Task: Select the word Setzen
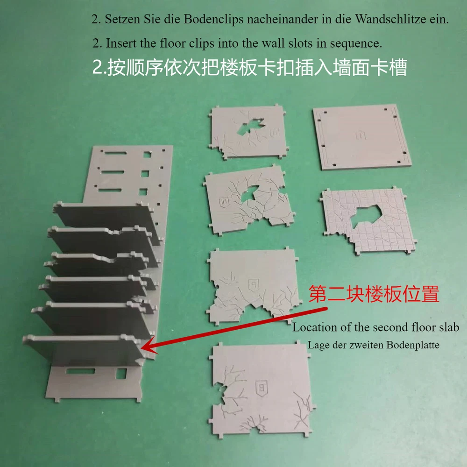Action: pyautogui.click(x=123, y=19)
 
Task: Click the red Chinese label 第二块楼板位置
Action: pyautogui.click(x=374, y=294)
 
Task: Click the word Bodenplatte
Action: pyautogui.click(x=413, y=345)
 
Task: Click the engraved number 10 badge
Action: pyautogui.click(x=224, y=202)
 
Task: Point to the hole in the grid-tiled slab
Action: pyautogui.click(x=366, y=216)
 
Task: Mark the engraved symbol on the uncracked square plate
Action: pyautogui.click(x=361, y=134)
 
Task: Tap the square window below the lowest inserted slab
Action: pyautogui.click(x=121, y=374)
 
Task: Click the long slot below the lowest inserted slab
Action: pyautogui.click(x=80, y=371)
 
